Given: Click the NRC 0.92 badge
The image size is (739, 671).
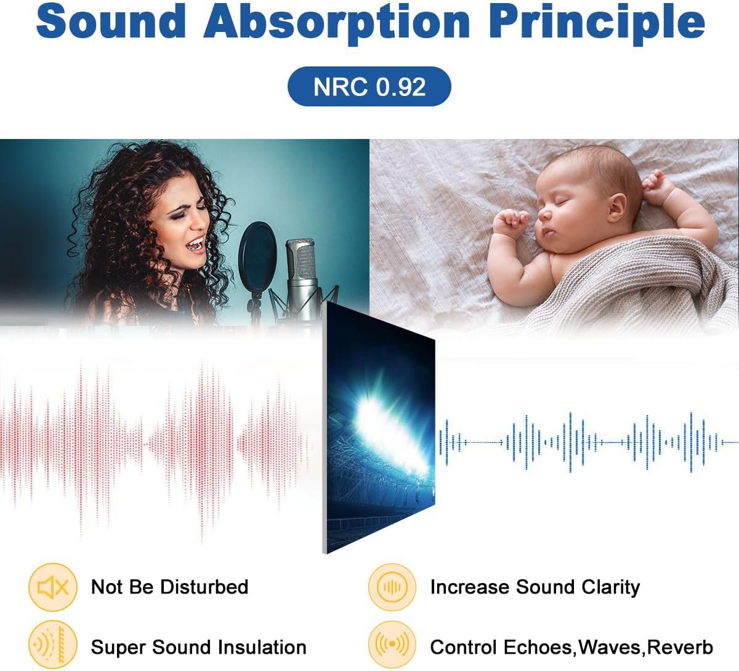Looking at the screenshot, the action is (x=369, y=87).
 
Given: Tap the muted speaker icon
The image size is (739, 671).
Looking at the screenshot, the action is (x=53, y=587).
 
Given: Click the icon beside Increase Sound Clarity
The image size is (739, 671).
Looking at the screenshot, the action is (x=392, y=587).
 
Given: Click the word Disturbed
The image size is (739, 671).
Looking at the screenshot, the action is (x=204, y=587).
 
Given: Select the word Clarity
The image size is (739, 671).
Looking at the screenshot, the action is (x=609, y=587).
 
